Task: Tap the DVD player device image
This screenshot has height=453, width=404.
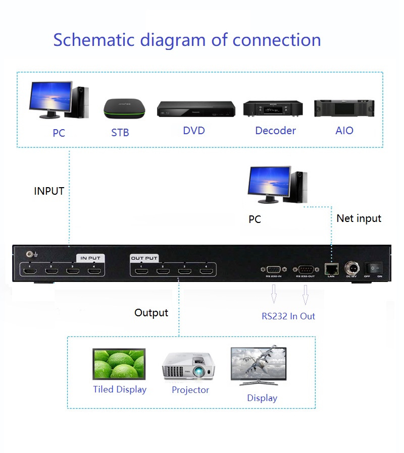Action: click(x=196, y=109)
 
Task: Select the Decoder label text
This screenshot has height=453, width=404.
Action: click(x=275, y=131)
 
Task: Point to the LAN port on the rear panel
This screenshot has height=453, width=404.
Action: click(x=331, y=267)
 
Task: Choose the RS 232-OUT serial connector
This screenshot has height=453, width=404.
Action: click(x=306, y=269)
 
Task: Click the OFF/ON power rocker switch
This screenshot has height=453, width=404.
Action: click(x=374, y=267)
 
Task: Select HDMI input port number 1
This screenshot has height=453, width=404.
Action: click(x=30, y=272)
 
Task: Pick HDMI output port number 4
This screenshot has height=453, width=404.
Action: click(x=206, y=272)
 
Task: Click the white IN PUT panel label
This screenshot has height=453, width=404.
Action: click(x=90, y=258)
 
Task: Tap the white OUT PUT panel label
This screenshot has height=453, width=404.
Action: click(x=144, y=258)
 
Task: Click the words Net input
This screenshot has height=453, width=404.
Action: click(x=359, y=218)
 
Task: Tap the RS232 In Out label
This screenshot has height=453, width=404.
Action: click(x=288, y=316)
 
